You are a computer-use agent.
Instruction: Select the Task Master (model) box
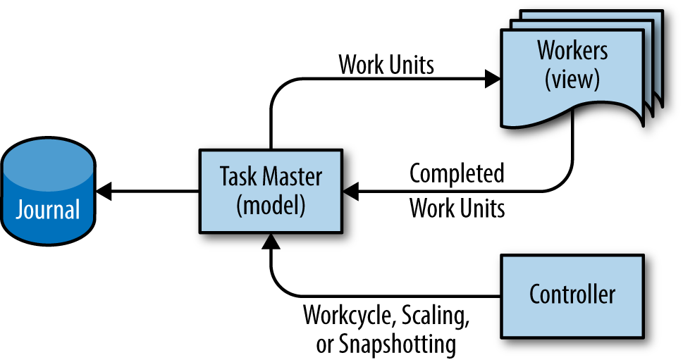coord(270,191)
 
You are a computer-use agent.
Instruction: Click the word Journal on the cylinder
coord(49,209)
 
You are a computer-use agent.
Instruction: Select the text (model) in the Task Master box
coord(271,206)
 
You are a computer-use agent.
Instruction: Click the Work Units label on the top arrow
coord(386,66)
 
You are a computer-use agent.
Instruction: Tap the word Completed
coord(457,173)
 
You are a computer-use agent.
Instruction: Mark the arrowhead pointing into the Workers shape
coord(492,80)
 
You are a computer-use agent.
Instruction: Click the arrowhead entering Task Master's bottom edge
coord(270,242)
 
